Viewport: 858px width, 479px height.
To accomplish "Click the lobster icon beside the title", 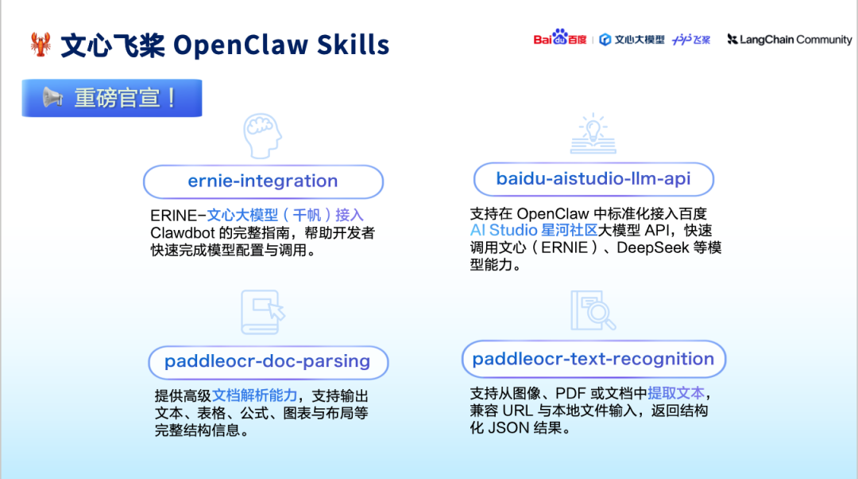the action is click(41, 45).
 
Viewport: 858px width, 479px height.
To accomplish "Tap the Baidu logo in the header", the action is click(560, 38).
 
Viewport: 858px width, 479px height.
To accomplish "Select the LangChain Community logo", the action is click(789, 40).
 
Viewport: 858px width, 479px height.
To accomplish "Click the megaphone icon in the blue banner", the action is click(53, 98).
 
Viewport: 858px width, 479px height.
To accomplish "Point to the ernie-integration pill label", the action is click(263, 181).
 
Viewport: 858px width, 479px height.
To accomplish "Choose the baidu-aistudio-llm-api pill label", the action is click(593, 179).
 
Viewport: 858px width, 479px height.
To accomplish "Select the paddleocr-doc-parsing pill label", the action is click(269, 362).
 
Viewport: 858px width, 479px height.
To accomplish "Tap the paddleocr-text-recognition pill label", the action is click(593, 359).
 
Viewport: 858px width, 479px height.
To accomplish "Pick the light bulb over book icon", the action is click(593, 133).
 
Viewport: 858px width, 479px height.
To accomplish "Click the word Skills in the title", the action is click(353, 45).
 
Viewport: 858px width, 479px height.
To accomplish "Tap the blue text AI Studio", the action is click(504, 230).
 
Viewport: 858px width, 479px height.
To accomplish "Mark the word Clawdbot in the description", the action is click(183, 233).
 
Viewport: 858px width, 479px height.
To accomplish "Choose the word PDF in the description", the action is click(570, 394).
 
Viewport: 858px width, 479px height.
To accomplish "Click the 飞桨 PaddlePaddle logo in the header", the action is click(691, 40).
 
